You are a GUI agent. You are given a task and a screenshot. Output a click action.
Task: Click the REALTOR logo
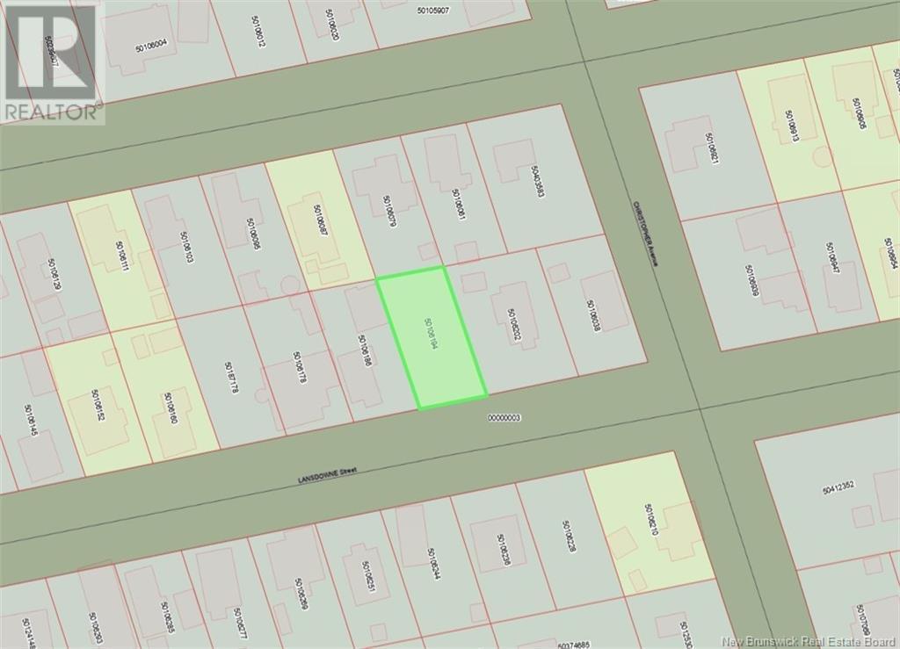tap(52, 61)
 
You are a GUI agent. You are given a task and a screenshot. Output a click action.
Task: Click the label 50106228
tap(570, 537)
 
